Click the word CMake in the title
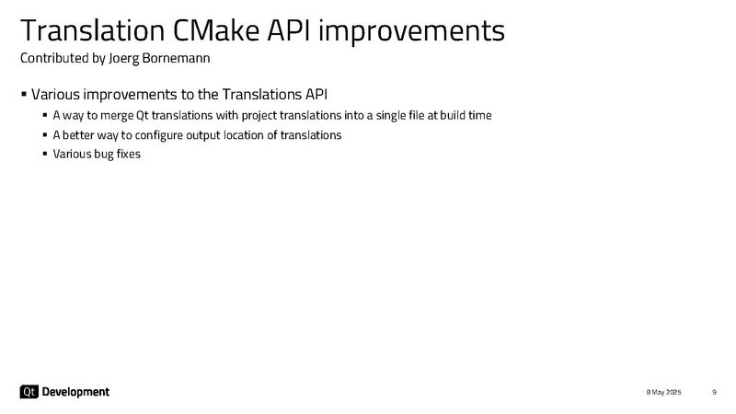216,30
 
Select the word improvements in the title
411,32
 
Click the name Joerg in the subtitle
123,59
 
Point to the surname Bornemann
176,58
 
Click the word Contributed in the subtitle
54,58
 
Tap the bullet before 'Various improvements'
24,95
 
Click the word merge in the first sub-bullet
117,116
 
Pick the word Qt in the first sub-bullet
143,116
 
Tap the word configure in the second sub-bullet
158,135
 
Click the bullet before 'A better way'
45,135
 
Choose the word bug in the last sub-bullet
104,155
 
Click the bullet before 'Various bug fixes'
45,154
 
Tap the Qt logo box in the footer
29,392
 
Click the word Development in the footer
75,392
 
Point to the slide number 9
715,392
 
